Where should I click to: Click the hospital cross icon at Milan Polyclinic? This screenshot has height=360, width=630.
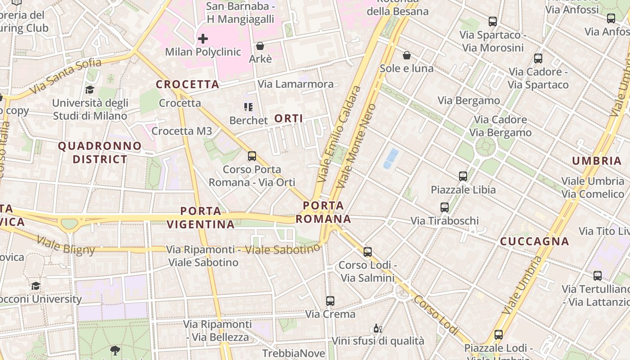tap(203, 39)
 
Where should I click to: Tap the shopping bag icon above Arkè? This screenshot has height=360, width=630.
tap(260, 46)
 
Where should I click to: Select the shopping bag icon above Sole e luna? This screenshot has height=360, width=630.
tap(407, 55)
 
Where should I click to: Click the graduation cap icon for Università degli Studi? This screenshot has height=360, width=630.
tap(90, 90)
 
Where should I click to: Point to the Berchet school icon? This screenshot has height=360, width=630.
tap(248, 107)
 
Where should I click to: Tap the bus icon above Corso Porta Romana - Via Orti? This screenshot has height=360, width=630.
tap(252, 156)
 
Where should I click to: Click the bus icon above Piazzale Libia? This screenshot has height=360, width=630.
tap(463, 176)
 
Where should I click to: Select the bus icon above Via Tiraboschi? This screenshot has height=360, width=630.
tap(445, 207)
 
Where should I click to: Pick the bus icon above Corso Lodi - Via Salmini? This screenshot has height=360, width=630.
tap(368, 252)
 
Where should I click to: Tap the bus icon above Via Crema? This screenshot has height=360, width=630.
tap(330, 301)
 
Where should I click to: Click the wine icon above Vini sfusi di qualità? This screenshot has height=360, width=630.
tap(378, 328)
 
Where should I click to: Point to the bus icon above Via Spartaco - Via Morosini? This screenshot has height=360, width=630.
tap(493, 22)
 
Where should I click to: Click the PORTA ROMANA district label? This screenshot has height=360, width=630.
tap(323, 212)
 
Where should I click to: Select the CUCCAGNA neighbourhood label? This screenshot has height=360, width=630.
tap(535, 242)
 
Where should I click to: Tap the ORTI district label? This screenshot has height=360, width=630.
tap(288, 119)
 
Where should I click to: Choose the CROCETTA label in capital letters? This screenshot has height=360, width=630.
tap(188, 85)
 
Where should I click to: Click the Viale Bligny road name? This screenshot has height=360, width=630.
tap(66, 245)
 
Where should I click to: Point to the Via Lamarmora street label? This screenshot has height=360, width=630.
tap(296, 84)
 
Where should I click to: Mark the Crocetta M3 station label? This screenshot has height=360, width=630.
tap(182, 131)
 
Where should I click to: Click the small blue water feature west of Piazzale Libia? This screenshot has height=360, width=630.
tap(390, 159)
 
